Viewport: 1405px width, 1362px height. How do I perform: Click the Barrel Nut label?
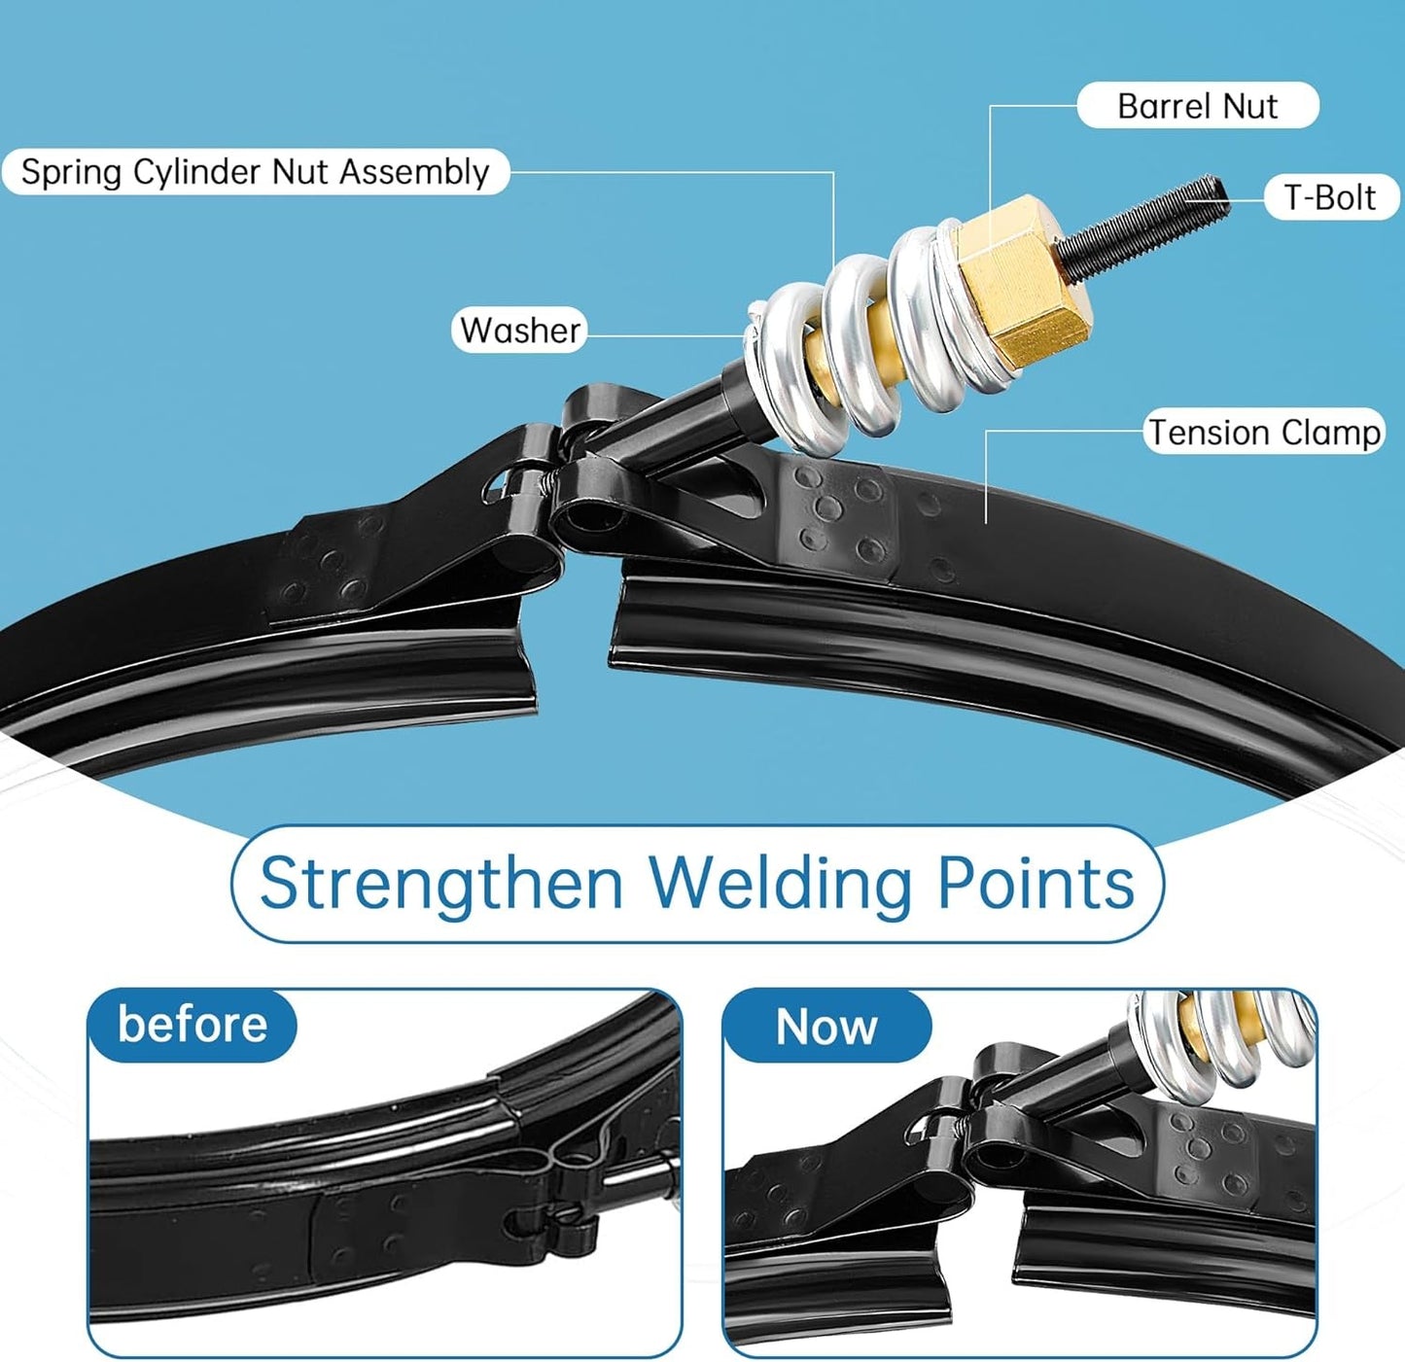[x=1197, y=105]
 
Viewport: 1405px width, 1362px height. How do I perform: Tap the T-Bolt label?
[x=1329, y=197]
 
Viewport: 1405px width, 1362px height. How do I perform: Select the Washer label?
[x=520, y=330]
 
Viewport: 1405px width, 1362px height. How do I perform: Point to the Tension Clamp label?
[x=1264, y=432]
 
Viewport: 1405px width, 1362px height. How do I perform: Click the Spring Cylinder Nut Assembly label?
[x=255, y=172]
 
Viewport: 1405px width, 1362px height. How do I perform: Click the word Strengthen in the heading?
[x=441, y=884]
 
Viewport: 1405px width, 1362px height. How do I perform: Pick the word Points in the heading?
[x=1036, y=884]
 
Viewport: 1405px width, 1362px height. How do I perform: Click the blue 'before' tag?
[x=192, y=1025]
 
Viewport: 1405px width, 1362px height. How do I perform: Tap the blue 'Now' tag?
[x=826, y=1026]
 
